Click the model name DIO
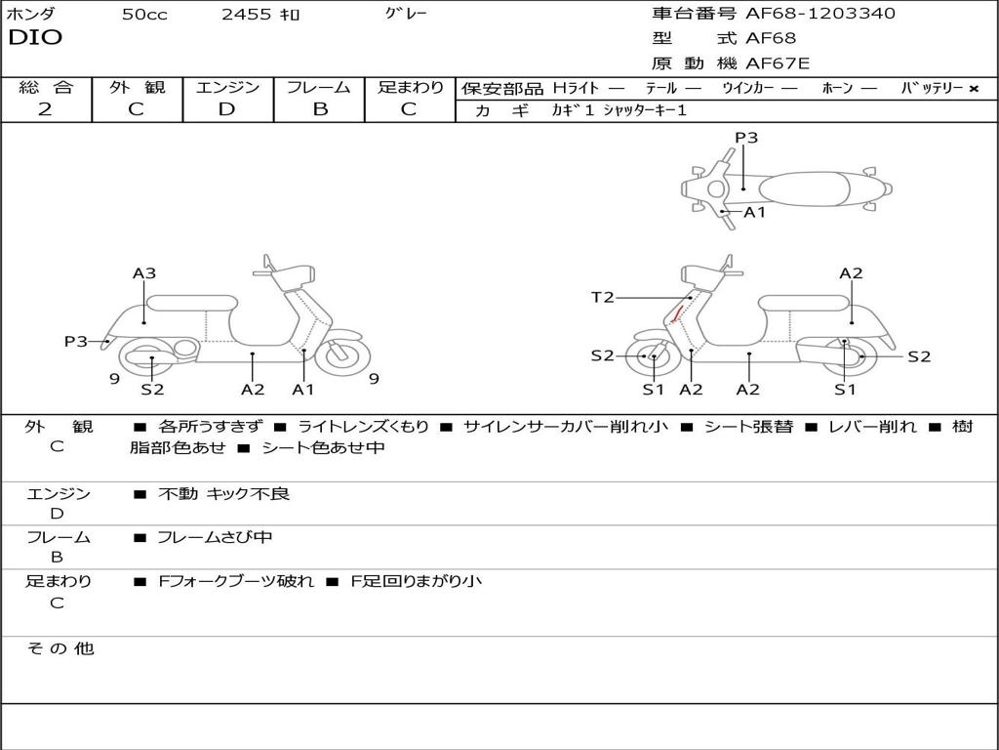click(35, 38)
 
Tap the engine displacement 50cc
click(144, 15)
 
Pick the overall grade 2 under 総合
click(45, 109)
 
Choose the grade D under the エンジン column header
click(226, 109)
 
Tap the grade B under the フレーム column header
click(319, 109)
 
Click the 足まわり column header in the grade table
click(410, 88)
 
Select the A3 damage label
click(144, 273)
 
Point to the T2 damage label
click(602, 298)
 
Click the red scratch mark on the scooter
click(677, 314)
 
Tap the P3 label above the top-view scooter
click(746, 138)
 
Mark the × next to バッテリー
click(973, 89)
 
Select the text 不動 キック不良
click(224, 494)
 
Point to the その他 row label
click(60, 648)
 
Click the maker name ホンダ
click(31, 14)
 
